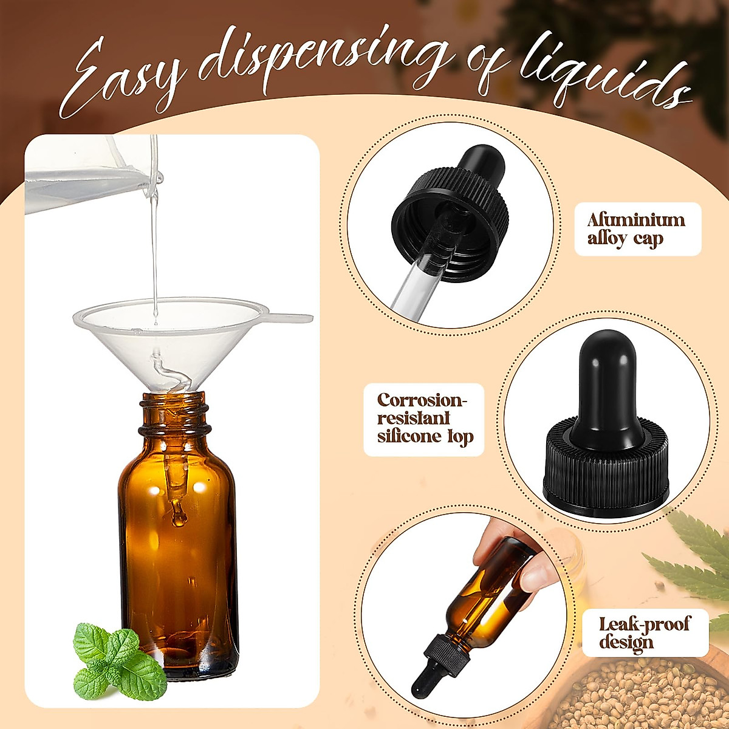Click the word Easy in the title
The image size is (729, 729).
tap(122, 79)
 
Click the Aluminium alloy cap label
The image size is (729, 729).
tap(637, 228)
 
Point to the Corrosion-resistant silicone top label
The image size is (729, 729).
tap(424, 419)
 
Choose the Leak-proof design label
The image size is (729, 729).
tap(645, 632)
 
